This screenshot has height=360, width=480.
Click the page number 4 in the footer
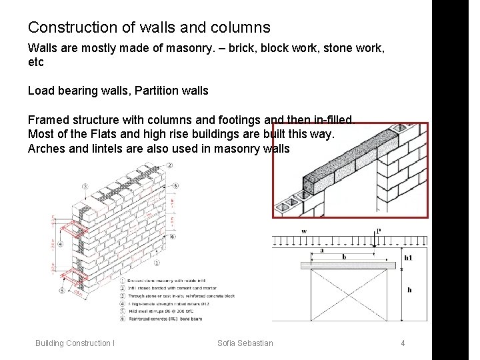pos(403,343)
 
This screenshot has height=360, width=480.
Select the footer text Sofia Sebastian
pos(245,343)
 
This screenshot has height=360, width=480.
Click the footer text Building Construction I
pos(75,343)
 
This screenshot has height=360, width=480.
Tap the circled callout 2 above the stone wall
pos(170,165)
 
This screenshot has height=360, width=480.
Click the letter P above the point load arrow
pos(379,231)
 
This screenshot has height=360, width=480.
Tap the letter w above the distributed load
pos(303,231)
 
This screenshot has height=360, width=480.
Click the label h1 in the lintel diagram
pos(407,257)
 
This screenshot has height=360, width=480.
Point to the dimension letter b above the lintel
pos(344,256)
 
